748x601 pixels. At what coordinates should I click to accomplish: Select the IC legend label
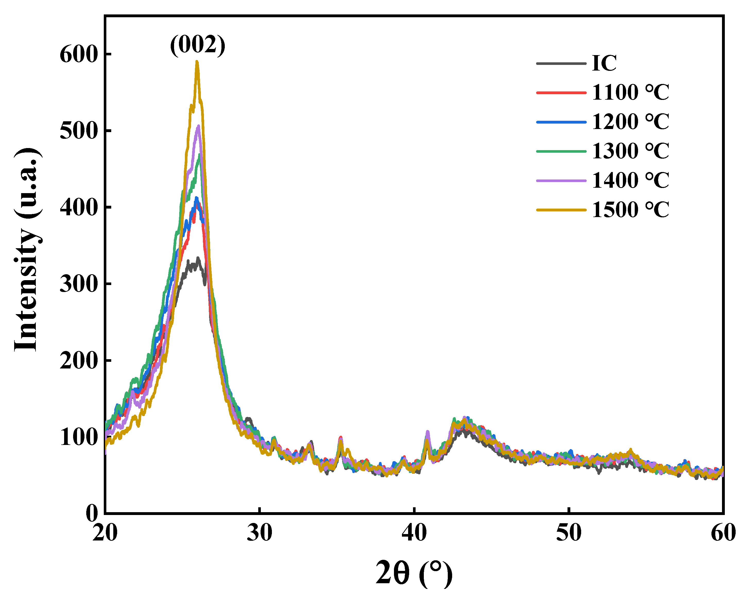[604, 64]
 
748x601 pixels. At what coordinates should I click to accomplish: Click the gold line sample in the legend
[561, 210]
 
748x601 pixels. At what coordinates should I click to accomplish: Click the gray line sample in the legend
[561, 64]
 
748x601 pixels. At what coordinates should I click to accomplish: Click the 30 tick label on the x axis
[260, 533]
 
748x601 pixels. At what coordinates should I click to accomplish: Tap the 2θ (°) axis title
[414, 573]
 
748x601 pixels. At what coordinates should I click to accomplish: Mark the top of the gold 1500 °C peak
[197, 62]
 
